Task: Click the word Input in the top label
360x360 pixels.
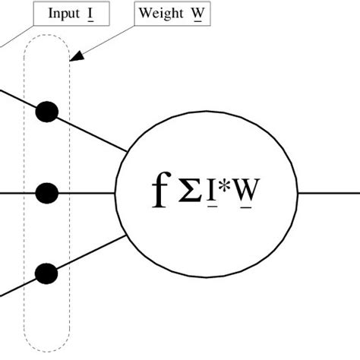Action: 63,14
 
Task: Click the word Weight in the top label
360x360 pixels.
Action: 160,14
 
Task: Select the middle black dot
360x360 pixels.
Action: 47,193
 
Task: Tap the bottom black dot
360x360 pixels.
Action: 47,272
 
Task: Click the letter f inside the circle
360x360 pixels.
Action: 159,192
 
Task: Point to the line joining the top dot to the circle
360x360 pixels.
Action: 91,132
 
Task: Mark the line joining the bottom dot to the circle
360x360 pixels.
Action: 91,253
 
